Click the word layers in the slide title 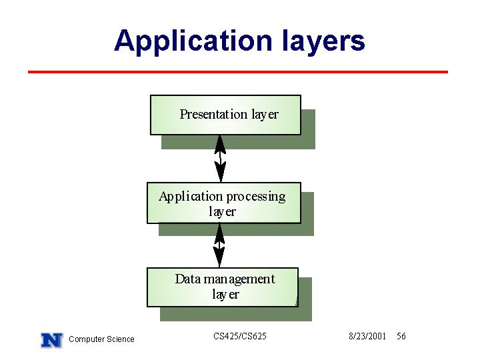323,41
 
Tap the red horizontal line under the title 238,72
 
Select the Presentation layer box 225,115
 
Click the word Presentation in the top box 213,114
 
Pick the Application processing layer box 224,203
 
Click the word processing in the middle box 256,197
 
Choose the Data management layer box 223,287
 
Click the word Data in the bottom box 187,279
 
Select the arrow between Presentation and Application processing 220,159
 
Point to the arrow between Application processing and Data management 219,245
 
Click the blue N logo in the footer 52,340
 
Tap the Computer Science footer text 101,339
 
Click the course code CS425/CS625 240,336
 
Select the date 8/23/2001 367,336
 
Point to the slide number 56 401,336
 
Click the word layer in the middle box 222,212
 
